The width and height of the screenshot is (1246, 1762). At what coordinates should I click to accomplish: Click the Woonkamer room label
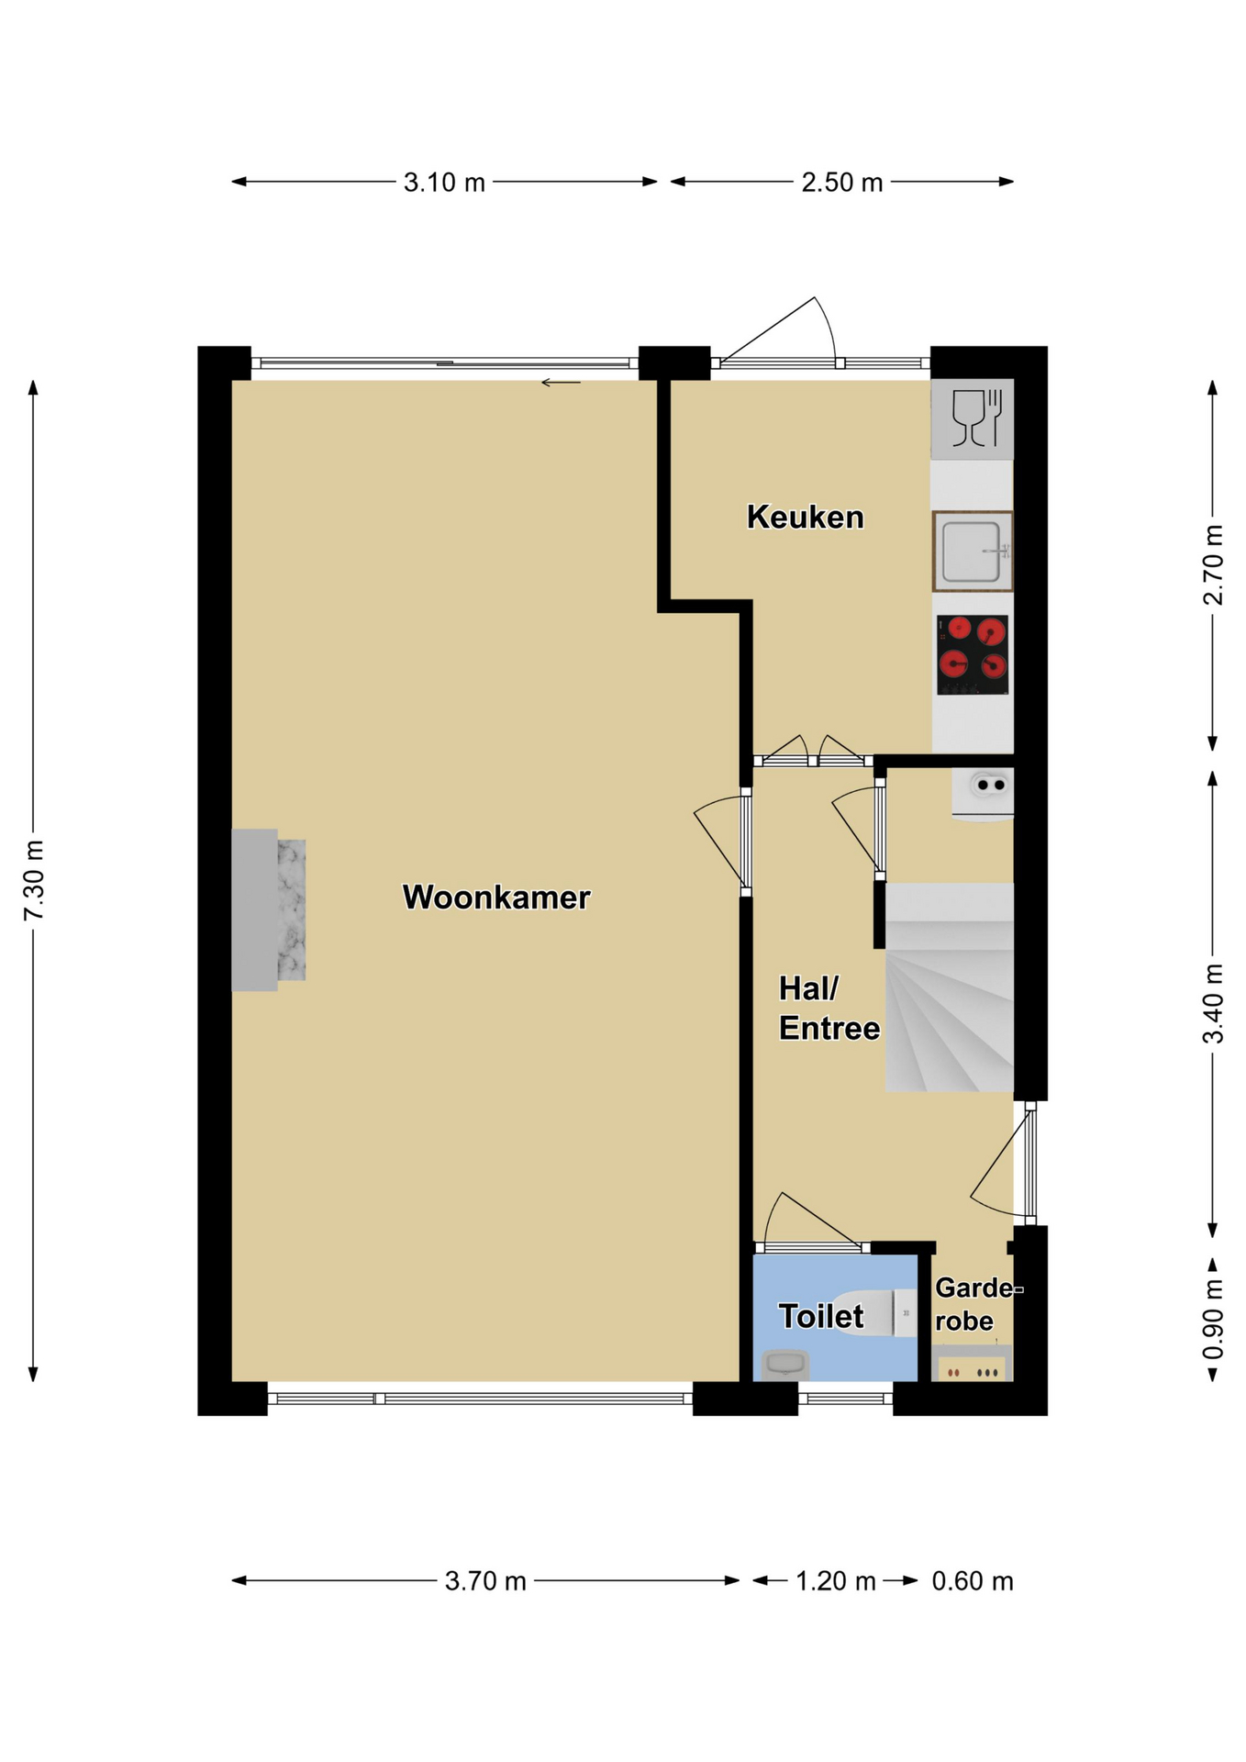coord(495,897)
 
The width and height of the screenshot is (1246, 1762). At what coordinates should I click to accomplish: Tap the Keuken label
coord(805,517)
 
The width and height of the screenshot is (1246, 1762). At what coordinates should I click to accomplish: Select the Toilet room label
coord(821,1316)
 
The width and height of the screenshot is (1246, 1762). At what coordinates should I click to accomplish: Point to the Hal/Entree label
coord(829,1008)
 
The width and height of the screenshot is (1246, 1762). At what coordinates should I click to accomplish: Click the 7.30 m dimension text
coord(33,880)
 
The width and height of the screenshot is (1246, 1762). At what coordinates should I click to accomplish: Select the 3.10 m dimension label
coord(444,183)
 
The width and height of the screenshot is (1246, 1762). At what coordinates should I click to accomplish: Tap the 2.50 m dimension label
coord(842,183)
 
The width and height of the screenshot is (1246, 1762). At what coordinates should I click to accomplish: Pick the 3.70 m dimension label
coord(485,1581)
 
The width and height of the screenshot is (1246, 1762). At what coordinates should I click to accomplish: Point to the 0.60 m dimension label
coord(973,1581)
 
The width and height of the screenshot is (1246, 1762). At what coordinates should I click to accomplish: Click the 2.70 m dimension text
coord(1213,564)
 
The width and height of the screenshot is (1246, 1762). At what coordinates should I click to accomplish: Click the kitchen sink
coord(973,551)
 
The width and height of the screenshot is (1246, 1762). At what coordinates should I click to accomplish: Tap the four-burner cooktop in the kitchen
coord(973,655)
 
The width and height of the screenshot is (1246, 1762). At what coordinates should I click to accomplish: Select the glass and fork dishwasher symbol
coord(973,419)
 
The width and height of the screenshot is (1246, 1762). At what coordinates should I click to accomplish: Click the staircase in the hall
coord(950,987)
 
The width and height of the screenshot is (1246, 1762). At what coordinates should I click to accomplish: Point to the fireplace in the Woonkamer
coord(268,909)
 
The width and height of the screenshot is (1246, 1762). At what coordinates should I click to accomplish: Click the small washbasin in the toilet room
coord(785,1365)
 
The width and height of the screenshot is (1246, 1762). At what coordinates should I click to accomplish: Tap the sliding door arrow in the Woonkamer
coord(561,383)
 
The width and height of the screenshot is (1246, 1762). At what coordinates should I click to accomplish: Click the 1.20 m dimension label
coord(835,1581)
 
